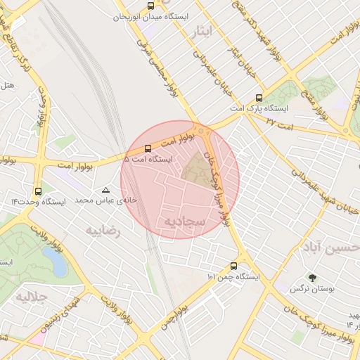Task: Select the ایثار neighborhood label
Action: tap(219, 30)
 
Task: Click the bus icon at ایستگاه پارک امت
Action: tap(259, 98)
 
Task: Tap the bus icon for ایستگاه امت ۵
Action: tap(148, 148)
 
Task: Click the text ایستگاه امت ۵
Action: tap(148, 160)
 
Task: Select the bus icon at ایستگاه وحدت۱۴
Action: tap(37, 190)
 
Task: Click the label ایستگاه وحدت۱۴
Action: tap(38, 202)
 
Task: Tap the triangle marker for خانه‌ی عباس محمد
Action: tap(106, 190)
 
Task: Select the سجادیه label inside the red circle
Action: tap(184, 221)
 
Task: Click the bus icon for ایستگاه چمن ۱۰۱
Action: tap(233, 266)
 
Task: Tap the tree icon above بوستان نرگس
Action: tap(313, 278)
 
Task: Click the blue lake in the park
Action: tap(54, 262)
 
